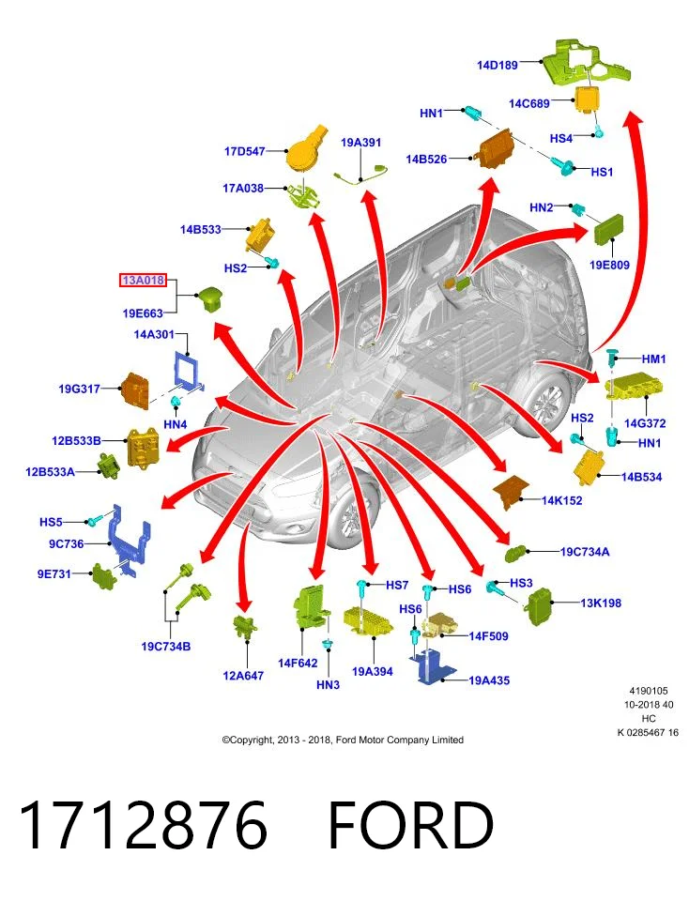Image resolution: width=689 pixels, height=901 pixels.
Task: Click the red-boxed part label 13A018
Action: point(143,281)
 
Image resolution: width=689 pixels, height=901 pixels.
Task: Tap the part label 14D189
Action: point(498,65)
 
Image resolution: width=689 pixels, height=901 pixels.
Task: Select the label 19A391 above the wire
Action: point(360,142)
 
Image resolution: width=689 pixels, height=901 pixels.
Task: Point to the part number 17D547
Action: point(244,151)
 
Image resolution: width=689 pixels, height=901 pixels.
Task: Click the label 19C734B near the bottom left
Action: point(165,647)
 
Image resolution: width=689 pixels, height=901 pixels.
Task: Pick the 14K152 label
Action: point(561,500)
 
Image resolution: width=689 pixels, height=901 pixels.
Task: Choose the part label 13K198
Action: point(601,603)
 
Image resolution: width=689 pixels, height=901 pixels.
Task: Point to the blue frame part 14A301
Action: point(188,370)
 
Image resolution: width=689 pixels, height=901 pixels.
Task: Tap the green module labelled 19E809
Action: point(608,229)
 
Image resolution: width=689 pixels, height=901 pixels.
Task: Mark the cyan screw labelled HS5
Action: point(93,520)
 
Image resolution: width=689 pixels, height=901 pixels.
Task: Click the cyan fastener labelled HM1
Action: point(613,359)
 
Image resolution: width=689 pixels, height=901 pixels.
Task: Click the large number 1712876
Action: point(144,825)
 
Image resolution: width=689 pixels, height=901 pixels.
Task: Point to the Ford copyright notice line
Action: point(343,741)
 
